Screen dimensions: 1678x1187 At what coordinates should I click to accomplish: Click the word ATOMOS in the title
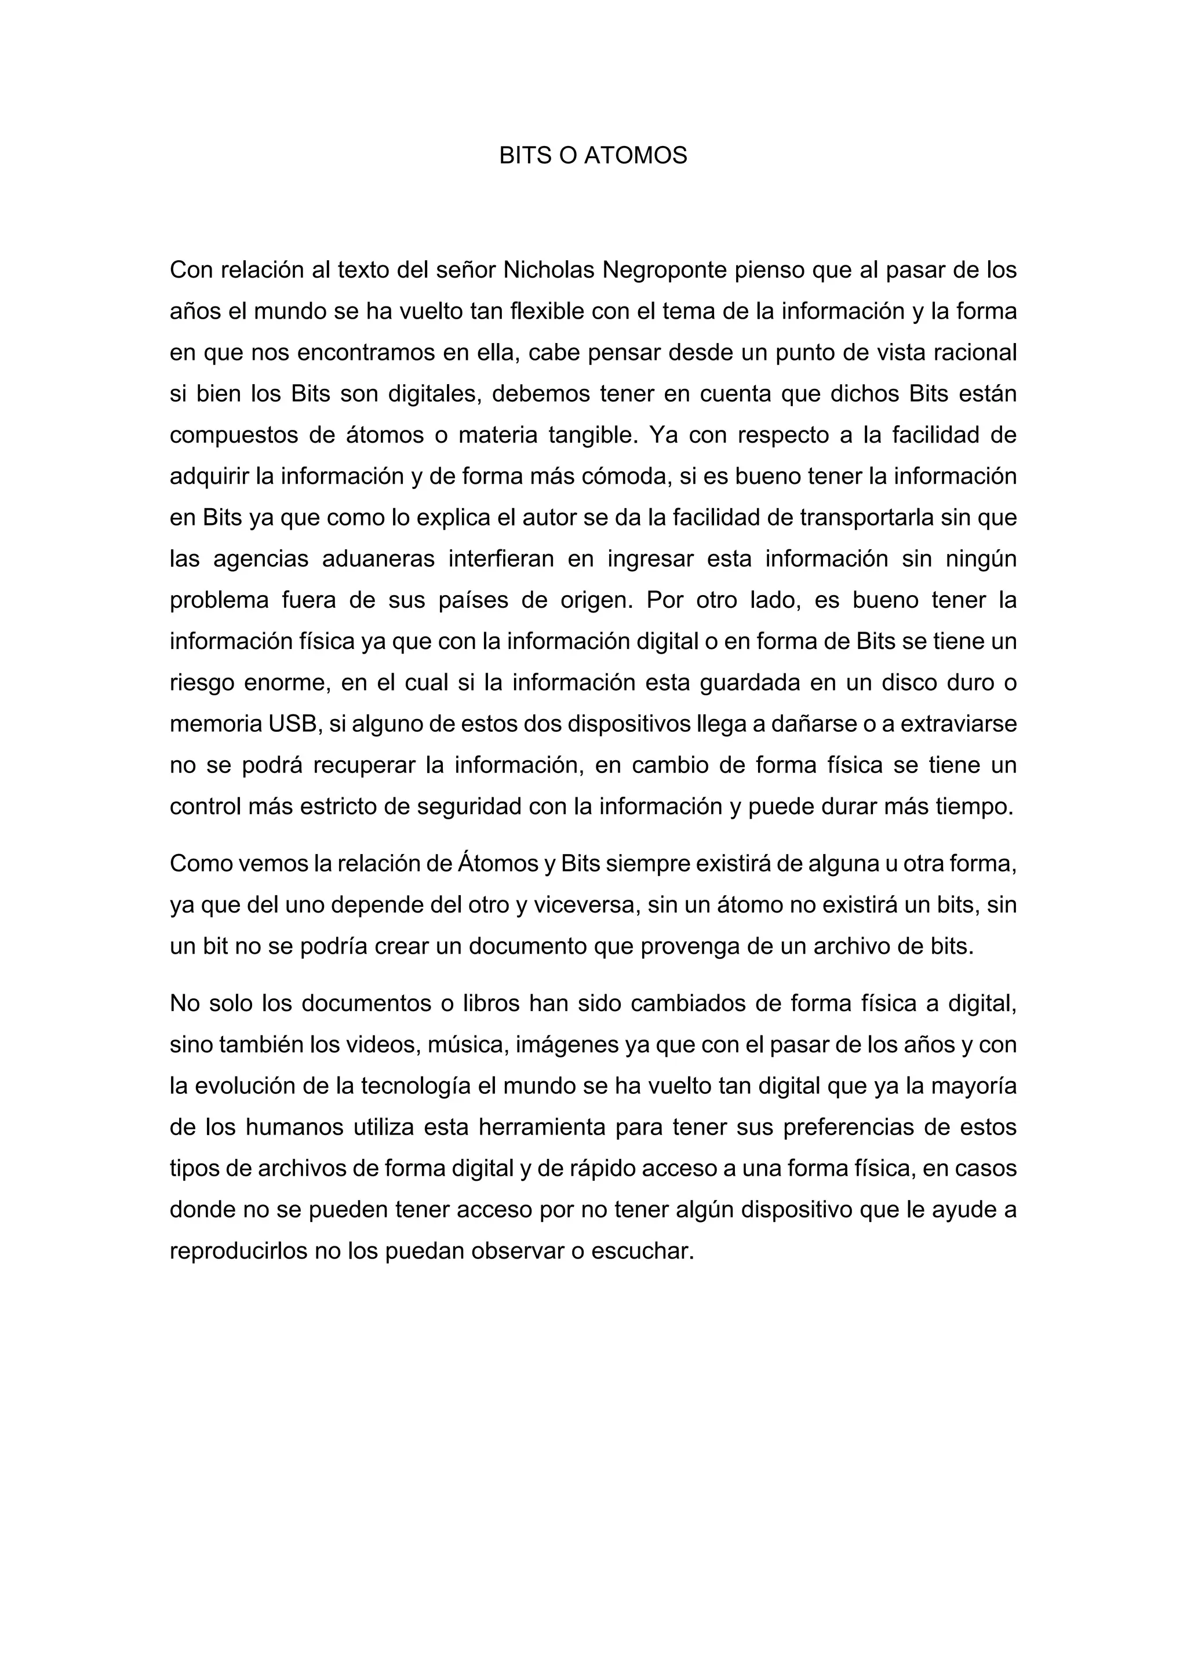pyautogui.click(x=635, y=156)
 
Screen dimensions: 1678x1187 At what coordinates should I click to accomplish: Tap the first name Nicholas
pyautogui.click(x=549, y=271)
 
